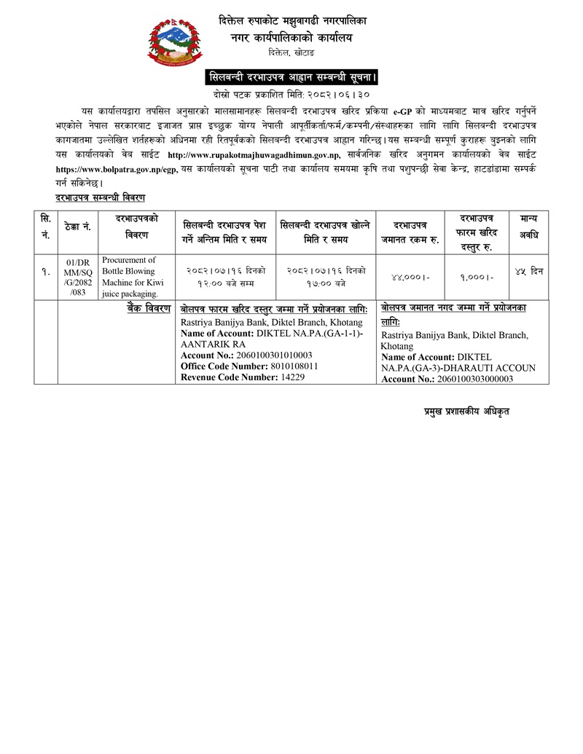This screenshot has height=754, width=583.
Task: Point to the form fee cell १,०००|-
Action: pyautogui.click(x=479, y=278)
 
